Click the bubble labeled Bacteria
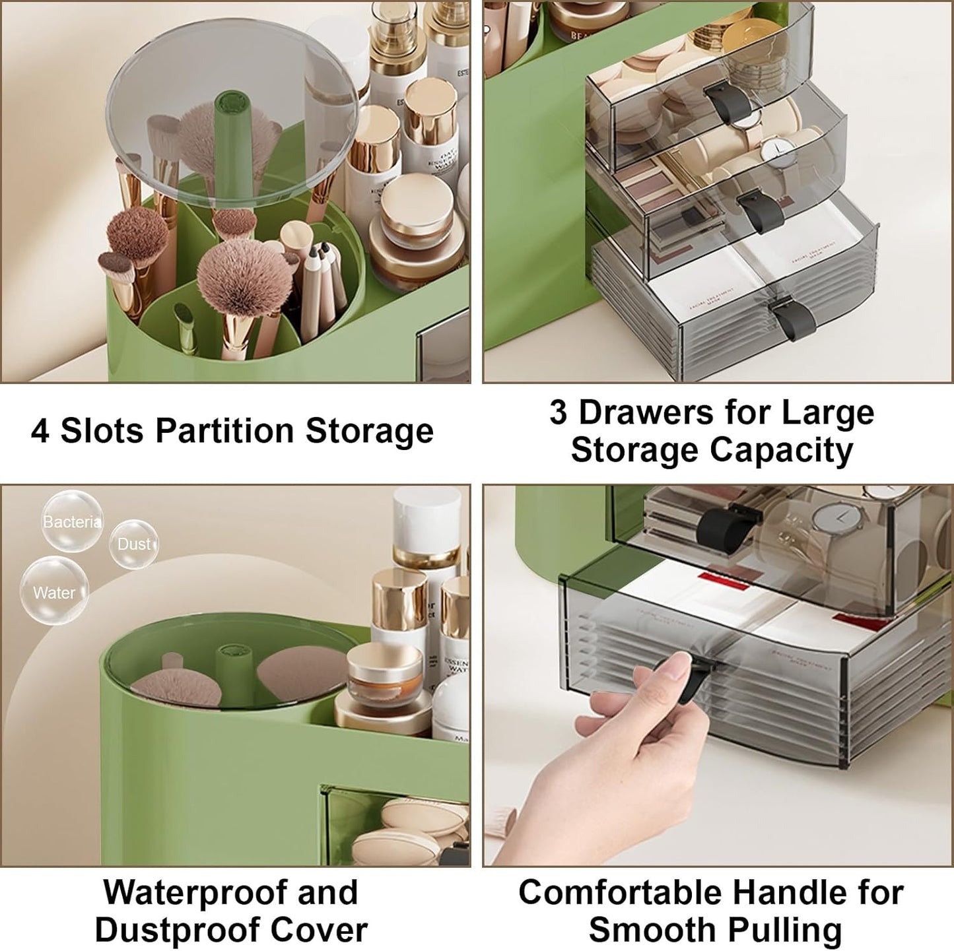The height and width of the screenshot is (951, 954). click(x=72, y=521)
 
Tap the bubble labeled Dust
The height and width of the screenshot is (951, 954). click(x=134, y=544)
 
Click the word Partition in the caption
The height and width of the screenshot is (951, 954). click(x=224, y=431)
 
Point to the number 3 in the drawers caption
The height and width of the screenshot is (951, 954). click(x=559, y=412)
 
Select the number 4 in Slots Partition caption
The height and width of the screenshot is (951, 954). click(x=40, y=431)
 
